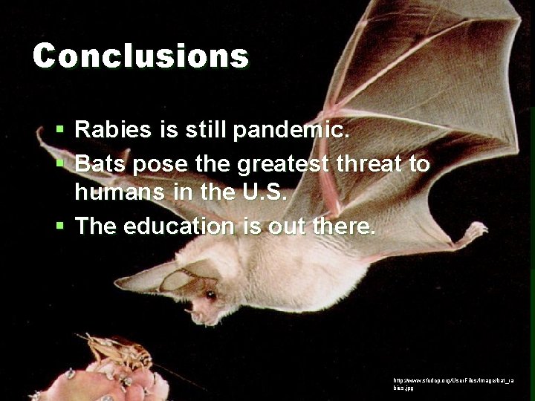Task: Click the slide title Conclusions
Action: coord(140,56)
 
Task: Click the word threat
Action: coord(366,163)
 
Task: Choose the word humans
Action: coord(120,193)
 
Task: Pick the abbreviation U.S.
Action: coord(265,193)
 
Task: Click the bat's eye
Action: coord(211,295)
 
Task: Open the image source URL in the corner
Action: coord(453,383)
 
